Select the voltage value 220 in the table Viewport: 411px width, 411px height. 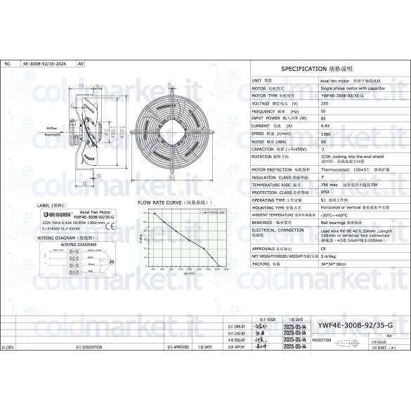[x=323, y=103]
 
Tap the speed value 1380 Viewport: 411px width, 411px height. [x=325, y=133]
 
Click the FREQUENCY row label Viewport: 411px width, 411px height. [x=265, y=112]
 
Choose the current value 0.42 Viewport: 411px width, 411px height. [x=325, y=126]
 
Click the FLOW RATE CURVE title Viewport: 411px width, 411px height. [x=170, y=202]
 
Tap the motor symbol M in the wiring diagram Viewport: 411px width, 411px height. [x=111, y=262]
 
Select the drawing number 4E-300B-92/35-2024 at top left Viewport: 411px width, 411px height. [x=44, y=63]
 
